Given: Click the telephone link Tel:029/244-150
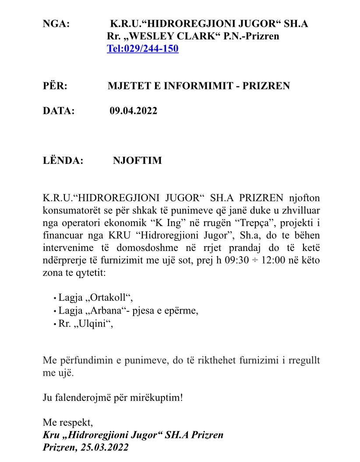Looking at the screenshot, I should (143, 48).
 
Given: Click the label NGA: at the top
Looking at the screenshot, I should (56, 24).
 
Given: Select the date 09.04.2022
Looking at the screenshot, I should (133, 111).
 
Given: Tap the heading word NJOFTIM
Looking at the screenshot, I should (137, 160).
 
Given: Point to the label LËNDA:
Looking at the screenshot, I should (63, 160).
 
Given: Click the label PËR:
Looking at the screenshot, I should (55, 86).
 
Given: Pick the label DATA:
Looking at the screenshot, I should (59, 111).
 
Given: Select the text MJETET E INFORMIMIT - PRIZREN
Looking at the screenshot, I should (199, 86).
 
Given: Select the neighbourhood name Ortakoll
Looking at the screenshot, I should (106, 298).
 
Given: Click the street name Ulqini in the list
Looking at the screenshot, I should (92, 324).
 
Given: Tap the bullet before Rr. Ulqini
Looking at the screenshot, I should (54, 324).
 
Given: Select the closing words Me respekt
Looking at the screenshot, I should (67, 423).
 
